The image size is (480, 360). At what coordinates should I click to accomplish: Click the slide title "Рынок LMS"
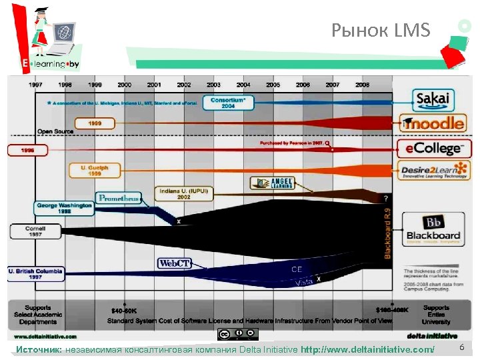coord(381,30)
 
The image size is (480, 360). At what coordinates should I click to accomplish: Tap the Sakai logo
coord(433,100)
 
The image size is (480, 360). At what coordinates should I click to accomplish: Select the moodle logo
coord(433,123)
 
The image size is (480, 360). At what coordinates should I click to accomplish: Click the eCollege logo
coord(433,148)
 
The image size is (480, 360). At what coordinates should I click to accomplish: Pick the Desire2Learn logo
coord(433,171)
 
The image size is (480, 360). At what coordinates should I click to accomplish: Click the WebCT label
coord(175,263)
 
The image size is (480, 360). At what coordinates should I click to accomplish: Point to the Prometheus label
coord(119,198)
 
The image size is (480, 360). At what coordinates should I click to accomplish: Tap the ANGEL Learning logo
coord(269,182)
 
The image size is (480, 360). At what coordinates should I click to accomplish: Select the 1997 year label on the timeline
coord(36,85)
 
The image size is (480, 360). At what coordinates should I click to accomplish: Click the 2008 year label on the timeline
coord(362,85)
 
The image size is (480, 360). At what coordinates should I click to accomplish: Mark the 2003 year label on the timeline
coord(213,85)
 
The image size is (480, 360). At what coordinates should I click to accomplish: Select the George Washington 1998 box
coord(65,208)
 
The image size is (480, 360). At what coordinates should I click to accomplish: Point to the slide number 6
coord(461,349)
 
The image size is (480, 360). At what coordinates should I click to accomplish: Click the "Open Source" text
coord(55,131)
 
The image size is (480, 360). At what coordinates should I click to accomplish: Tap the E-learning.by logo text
coord(51,64)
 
